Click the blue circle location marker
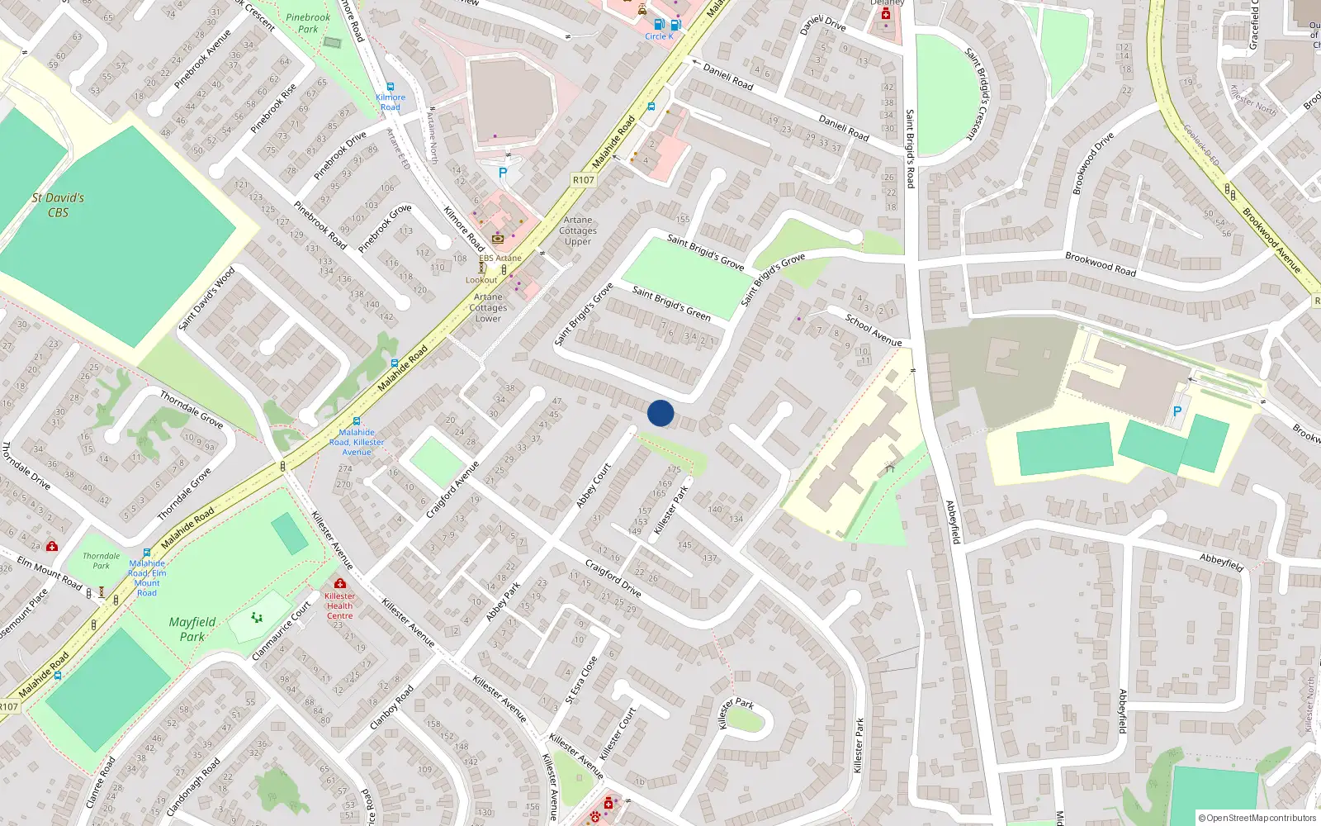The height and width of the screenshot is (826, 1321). [660, 413]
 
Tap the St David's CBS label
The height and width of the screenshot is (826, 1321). [58, 205]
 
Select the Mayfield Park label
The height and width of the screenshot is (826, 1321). [192, 629]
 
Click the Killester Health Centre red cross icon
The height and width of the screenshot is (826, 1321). [339, 583]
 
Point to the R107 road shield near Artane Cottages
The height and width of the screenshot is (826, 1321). [583, 179]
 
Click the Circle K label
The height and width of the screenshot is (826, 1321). [659, 36]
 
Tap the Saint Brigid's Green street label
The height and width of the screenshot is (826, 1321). [671, 302]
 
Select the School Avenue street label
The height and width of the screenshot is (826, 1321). [873, 330]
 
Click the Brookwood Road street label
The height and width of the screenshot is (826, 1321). [1100, 263]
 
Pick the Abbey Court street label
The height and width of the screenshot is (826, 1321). [594, 486]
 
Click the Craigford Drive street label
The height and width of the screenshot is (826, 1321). [613, 577]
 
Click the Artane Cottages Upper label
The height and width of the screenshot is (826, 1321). [578, 230]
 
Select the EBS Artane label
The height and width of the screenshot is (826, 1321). [500, 258]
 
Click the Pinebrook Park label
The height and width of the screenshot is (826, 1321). [308, 23]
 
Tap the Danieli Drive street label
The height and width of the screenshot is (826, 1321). [822, 25]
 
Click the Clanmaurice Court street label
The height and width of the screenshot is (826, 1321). [282, 630]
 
